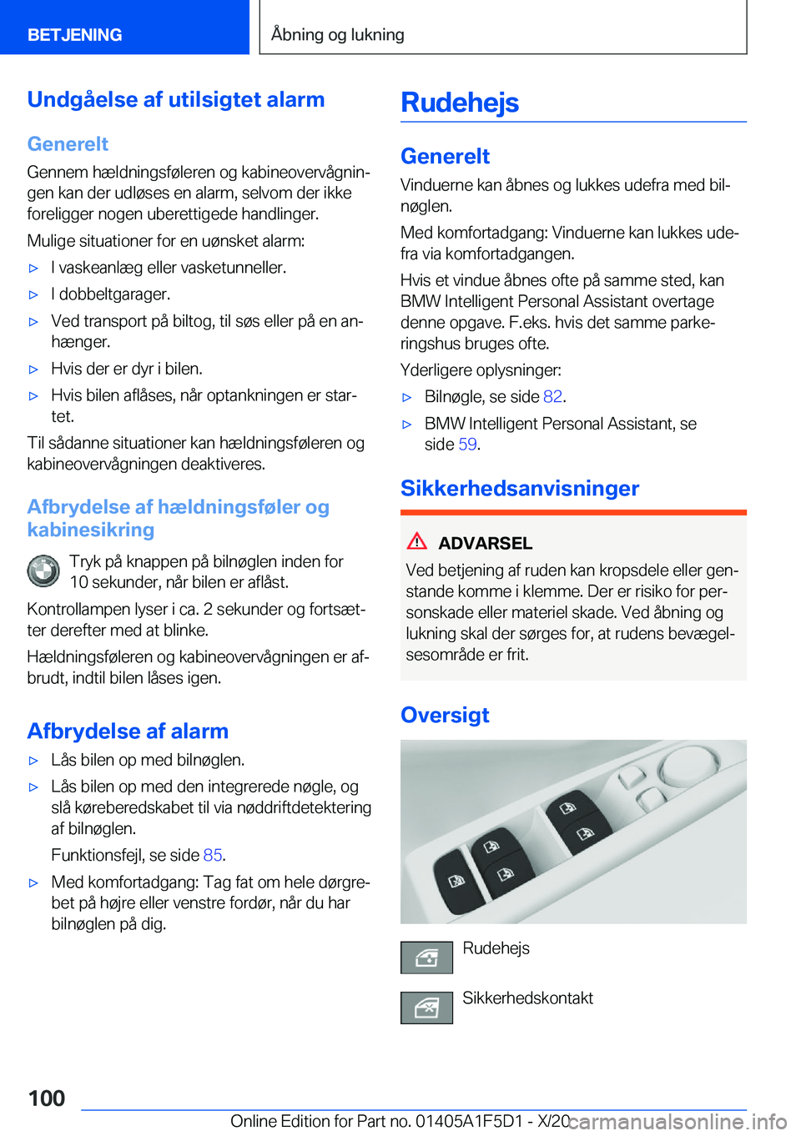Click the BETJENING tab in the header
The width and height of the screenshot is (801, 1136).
point(75,35)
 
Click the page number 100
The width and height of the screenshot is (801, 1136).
point(47,1098)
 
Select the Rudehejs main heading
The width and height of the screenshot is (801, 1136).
point(460,103)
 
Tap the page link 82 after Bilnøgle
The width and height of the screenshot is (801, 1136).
point(552,396)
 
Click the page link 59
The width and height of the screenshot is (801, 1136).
point(467,445)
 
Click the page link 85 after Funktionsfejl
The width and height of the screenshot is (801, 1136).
point(212,855)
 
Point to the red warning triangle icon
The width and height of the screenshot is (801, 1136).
point(417,541)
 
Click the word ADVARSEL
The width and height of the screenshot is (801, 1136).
point(485,543)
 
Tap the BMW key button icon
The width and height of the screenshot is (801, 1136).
point(43,571)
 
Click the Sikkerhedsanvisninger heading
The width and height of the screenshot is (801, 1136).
point(519,488)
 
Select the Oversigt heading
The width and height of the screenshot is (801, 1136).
point(445,715)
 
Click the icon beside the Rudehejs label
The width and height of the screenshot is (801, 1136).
point(426,958)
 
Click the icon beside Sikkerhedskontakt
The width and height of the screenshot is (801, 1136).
point(426,1008)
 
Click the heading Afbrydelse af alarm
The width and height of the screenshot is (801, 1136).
point(128,731)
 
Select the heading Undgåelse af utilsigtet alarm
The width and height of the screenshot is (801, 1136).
point(176,99)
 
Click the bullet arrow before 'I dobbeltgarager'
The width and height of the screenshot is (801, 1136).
point(34,294)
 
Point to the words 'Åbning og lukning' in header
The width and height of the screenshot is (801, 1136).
point(338,35)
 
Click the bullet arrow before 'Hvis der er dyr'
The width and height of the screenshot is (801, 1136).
point(34,369)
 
